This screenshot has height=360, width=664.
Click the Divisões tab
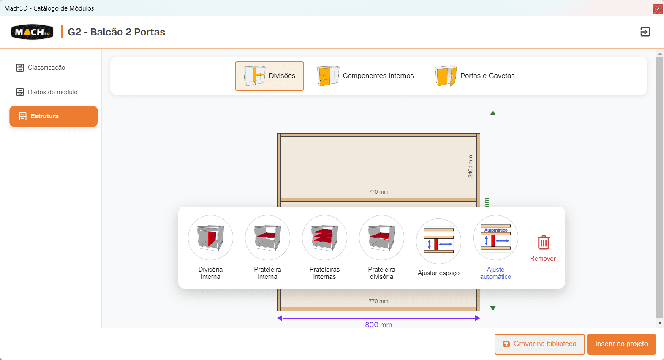[269, 76]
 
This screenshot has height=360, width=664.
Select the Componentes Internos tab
[365, 76]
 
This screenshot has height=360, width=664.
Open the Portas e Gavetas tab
[475, 76]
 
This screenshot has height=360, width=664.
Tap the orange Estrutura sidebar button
[53, 116]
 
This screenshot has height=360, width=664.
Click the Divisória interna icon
[210, 237]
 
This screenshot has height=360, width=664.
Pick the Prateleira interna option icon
[267, 237]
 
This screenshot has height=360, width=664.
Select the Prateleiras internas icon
[324, 237]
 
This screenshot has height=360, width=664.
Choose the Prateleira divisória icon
[381, 237]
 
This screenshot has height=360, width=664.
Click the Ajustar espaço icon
[438, 241]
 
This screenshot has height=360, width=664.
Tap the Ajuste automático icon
[495, 237]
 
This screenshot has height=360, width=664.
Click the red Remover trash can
[543, 242]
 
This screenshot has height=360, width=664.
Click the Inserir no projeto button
[621, 344]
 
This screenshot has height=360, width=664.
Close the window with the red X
[658, 8]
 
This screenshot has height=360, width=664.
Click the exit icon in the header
[645, 32]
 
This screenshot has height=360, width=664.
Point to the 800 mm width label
[378, 325]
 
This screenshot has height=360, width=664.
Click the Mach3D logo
[32, 32]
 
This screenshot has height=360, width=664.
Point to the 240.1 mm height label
[471, 166]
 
